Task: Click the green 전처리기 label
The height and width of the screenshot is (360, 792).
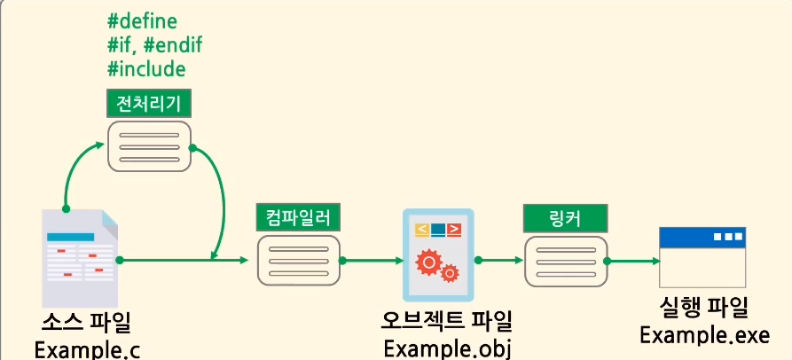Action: coord(148,104)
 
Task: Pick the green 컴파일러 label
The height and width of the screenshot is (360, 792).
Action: coord(297,215)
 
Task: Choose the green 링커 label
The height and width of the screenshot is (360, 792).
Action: coord(565,218)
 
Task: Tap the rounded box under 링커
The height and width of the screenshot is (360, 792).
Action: coord(567,261)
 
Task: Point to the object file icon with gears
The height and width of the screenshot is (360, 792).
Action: coord(438,254)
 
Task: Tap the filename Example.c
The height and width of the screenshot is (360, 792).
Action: coord(88,348)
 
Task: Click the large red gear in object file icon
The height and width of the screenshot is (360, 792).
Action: coord(428,260)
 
